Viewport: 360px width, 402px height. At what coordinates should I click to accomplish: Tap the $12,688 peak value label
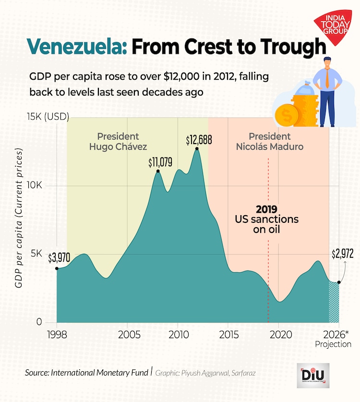pyautogui.click(x=198, y=140)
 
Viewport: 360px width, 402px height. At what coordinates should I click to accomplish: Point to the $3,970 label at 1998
pyautogui.click(x=59, y=258)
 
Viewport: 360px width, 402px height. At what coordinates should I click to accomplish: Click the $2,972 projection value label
pyautogui.click(x=342, y=254)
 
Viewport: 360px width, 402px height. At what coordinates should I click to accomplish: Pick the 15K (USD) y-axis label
pyautogui.click(x=48, y=117)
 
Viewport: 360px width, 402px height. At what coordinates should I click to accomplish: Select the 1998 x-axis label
pyautogui.click(x=57, y=334)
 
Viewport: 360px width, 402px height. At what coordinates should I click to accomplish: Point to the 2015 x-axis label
pyautogui.click(x=228, y=334)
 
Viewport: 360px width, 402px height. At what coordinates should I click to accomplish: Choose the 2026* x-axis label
pyautogui.click(x=339, y=334)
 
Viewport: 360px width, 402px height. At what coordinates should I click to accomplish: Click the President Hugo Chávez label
pyautogui.click(x=118, y=141)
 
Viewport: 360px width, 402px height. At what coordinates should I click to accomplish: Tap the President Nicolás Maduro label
pyautogui.click(x=270, y=141)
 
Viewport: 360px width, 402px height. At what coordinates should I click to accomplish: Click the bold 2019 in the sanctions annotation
pyautogui.click(x=266, y=209)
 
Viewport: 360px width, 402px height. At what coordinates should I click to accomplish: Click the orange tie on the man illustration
pyautogui.click(x=327, y=76)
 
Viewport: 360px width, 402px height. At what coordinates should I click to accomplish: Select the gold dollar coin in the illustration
pyautogui.click(x=287, y=115)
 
